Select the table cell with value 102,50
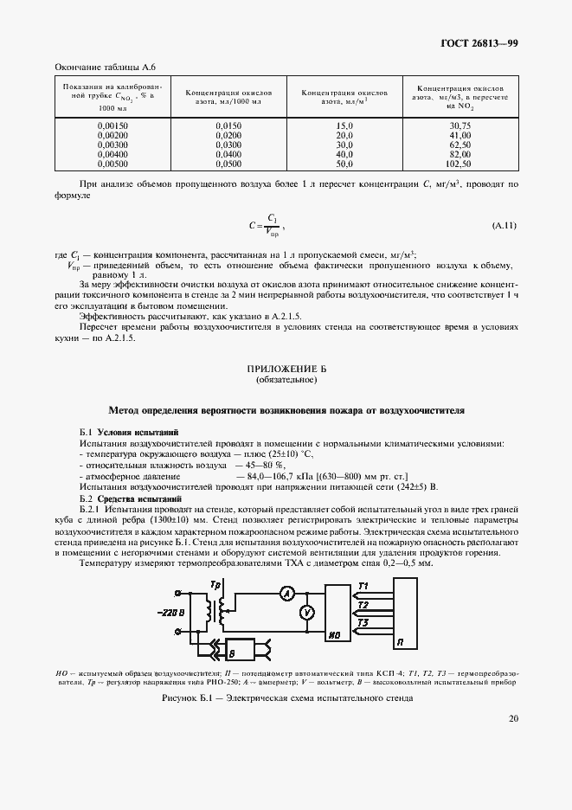[458, 163]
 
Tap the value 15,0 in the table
[344, 125]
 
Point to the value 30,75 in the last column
[458, 125]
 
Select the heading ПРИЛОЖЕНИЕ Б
[286, 369]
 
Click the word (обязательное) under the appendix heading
[286, 379]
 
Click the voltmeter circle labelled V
[305, 612]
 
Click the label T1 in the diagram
[363, 586]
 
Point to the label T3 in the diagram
[363, 621]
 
